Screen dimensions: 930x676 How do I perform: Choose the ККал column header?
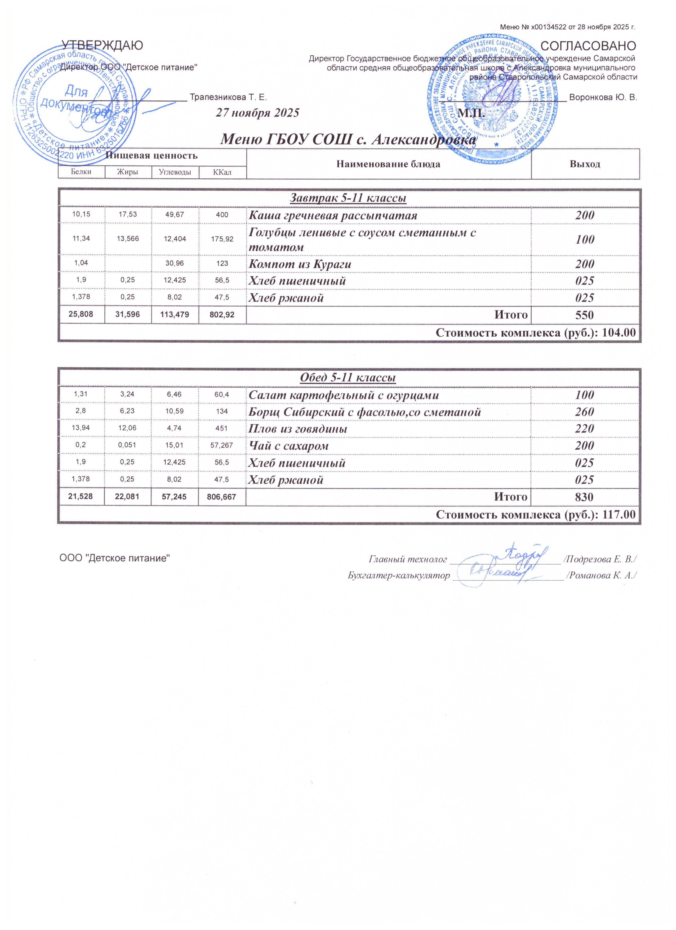[x=222, y=172]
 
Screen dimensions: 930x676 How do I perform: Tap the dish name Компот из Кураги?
[x=300, y=264]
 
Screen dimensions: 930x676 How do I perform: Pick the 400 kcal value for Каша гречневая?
[x=222, y=215]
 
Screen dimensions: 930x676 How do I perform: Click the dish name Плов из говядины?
[x=298, y=429]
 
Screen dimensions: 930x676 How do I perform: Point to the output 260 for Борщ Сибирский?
[x=585, y=412]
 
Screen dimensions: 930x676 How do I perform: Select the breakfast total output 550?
[x=585, y=315]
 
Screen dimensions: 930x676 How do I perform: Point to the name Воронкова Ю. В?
[x=603, y=98]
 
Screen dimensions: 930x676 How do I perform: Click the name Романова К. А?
[x=601, y=575]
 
